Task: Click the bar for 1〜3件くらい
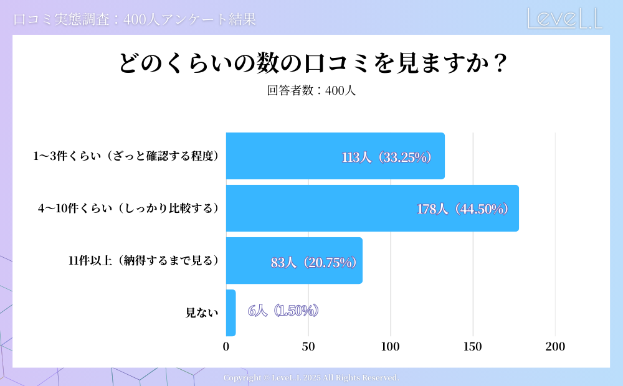tap(335, 156)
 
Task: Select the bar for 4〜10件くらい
tap(372, 209)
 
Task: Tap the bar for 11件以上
tap(294, 261)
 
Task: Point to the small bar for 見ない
tap(231, 313)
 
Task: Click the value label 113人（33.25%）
tap(387, 158)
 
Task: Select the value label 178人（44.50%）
tap(464, 209)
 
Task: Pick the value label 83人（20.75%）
tap(314, 262)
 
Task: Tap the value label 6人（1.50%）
tap(283, 311)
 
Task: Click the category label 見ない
tap(202, 313)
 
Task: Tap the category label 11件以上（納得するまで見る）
tap(144, 261)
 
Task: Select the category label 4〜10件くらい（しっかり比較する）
tap(129, 209)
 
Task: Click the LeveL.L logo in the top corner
tap(564, 18)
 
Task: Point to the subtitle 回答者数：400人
tap(311, 90)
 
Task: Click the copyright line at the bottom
tap(311, 378)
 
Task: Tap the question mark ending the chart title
tap(498, 64)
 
